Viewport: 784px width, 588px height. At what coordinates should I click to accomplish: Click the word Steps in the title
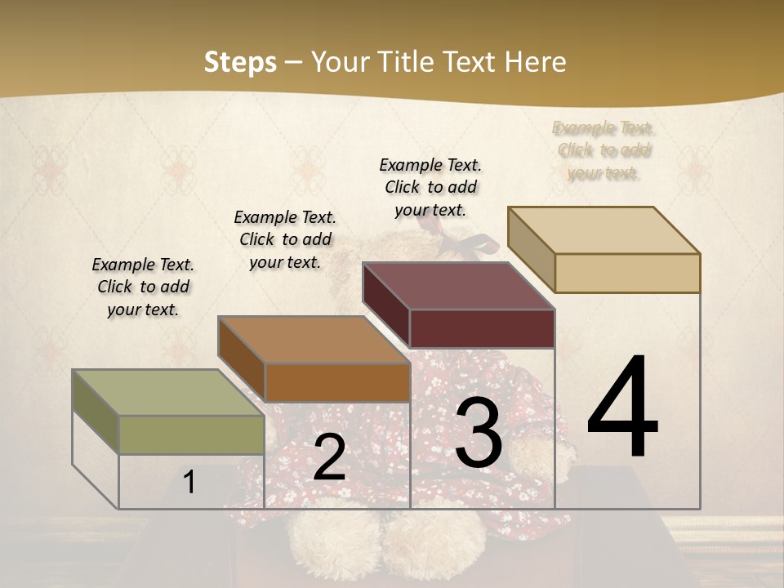pyautogui.click(x=240, y=62)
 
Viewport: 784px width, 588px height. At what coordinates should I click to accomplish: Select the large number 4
pyautogui.click(x=622, y=408)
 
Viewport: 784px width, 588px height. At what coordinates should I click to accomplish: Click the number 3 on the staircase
pyautogui.click(x=479, y=433)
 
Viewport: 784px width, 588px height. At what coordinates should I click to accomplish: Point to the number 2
pyautogui.click(x=329, y=457)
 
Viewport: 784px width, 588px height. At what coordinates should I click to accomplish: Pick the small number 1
pyautogui.click(x=189, y=483)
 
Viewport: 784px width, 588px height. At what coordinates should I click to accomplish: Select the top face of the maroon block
pyautogui.click(x=458, y=287)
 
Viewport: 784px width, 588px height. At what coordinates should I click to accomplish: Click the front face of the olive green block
pyautogui.click(x=191, y=434)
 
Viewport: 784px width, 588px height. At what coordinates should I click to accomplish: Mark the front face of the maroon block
pyautogui.click(x=482, y=328)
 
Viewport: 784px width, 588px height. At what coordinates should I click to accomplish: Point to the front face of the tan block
pyautogui.click(x=627, y=273)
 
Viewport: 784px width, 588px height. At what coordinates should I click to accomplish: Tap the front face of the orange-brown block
pyautogui.click(x=336, y=382)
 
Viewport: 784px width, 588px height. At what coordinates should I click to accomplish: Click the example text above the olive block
pyautogui.click(x=143, y=287)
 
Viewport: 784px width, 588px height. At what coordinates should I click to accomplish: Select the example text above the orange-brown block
pyautogui.click(x=285, y=239)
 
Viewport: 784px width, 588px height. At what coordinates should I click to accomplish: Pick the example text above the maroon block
pyautogui.click(x=430, y=187)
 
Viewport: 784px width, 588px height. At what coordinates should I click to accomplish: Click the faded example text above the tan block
pyautogui.click(x=604, y=150)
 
